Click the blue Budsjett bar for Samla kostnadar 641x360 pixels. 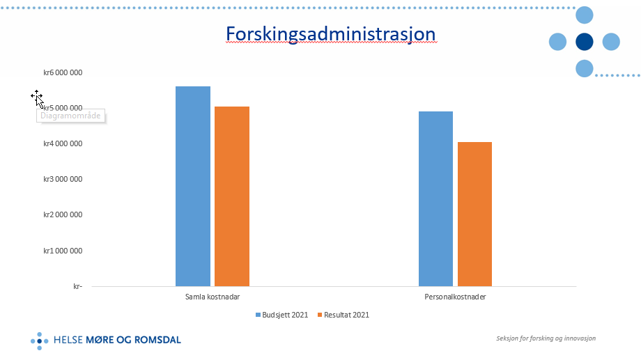(193, 186)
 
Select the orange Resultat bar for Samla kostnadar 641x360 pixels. (232, 196)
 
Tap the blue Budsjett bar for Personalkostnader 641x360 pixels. (435, 198)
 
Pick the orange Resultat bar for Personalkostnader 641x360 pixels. (474, 214)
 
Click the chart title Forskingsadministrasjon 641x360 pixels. (330, 34)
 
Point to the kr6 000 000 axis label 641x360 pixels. (63, 72)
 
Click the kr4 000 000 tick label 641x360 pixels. (63, 143)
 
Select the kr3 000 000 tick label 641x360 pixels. (63, 179)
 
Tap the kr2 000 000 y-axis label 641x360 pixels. (63, 214)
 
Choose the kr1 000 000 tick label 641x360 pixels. (63, 251)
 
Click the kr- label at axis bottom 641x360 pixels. (77, 286)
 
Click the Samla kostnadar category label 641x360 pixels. (213, 297)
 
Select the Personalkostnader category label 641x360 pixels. (455, 297)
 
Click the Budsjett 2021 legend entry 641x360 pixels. (281, 315)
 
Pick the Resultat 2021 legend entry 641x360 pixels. (343, 315)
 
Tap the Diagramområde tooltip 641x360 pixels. (70, 116)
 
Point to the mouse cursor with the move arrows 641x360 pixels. (37, 97)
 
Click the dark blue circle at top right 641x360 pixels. (585, 42)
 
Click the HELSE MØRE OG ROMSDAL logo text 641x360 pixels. (117, 340)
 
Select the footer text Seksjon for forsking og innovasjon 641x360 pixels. (546, 338)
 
